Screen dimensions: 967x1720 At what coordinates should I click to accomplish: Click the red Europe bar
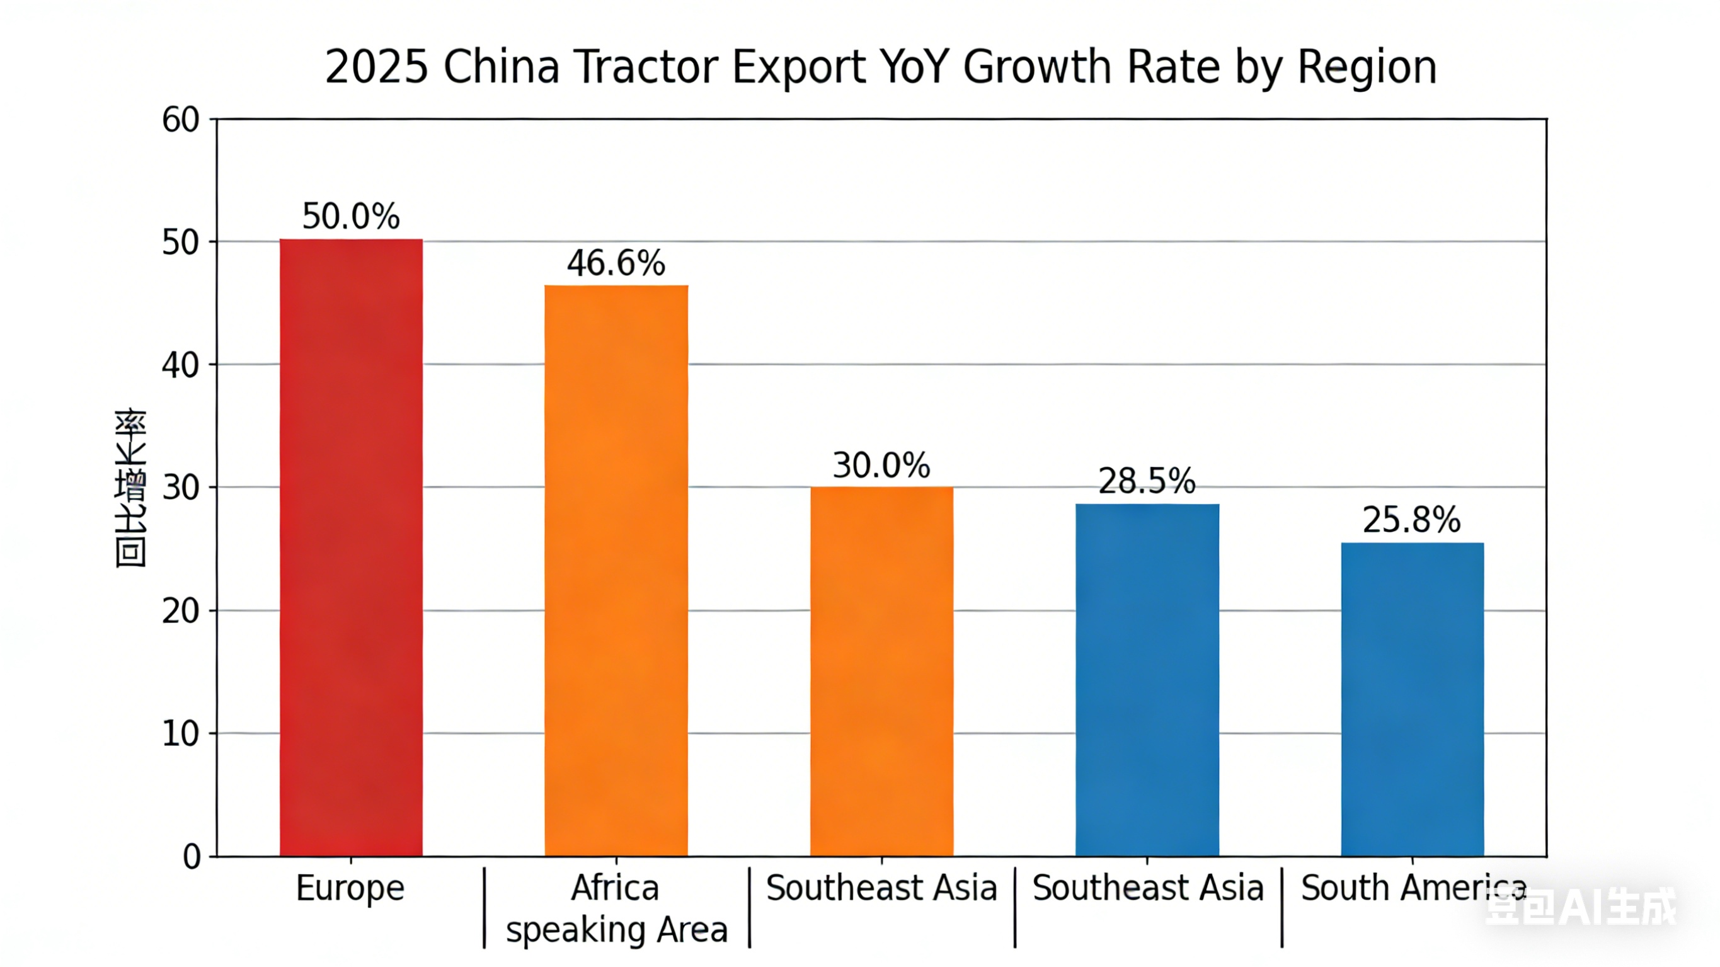350,547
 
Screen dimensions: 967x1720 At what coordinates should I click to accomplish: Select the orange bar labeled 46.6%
616,571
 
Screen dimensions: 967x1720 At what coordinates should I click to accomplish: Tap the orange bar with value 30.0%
881,671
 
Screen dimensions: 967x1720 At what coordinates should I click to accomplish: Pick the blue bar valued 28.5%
1147,680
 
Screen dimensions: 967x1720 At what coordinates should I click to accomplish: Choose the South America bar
1412,699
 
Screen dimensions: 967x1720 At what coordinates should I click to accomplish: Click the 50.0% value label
350,216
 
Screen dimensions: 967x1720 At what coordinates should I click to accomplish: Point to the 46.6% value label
616,263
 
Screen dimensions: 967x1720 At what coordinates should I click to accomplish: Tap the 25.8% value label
1411,520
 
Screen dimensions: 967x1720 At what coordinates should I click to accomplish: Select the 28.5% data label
1147,481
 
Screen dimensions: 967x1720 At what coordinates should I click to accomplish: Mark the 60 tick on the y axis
180,120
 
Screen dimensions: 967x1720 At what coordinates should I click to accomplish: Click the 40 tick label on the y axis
180,365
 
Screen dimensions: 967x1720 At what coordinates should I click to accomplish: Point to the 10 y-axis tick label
180,734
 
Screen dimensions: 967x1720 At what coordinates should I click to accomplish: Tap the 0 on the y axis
192,857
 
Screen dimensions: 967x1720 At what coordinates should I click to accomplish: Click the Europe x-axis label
350,888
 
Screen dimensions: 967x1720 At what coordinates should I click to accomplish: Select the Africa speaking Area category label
616,909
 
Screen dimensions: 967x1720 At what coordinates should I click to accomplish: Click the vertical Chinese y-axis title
130,488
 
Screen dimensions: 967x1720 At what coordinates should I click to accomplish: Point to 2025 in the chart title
376,67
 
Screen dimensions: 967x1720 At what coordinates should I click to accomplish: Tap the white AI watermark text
1581,907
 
